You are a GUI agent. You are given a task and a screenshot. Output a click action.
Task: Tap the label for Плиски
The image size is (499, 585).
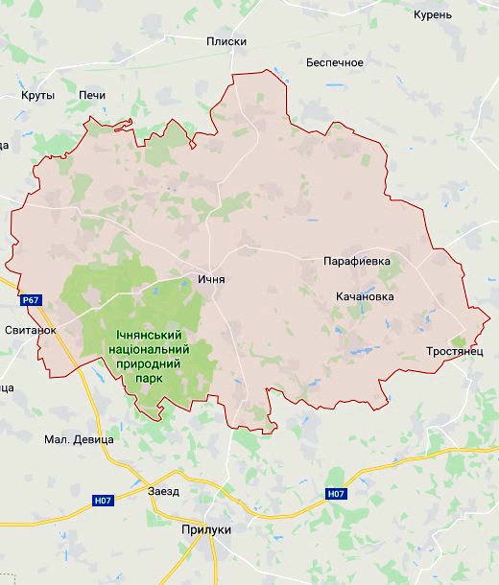226,41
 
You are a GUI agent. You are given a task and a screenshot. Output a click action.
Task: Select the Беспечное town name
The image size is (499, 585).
334,62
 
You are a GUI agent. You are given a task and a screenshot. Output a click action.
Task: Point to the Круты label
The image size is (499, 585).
37,95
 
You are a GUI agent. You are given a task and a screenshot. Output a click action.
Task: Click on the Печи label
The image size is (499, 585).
92,95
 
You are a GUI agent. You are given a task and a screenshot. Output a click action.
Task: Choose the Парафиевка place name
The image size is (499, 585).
357,260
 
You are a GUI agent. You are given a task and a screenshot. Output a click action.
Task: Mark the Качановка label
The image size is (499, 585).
365,296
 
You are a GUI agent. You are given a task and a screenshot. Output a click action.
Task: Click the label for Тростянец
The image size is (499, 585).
454,353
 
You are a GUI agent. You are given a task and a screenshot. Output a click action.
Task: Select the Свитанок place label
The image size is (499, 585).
30,329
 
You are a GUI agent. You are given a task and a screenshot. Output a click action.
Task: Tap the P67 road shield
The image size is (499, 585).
32,300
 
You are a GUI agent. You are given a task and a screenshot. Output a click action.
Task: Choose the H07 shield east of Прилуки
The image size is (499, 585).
335,494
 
